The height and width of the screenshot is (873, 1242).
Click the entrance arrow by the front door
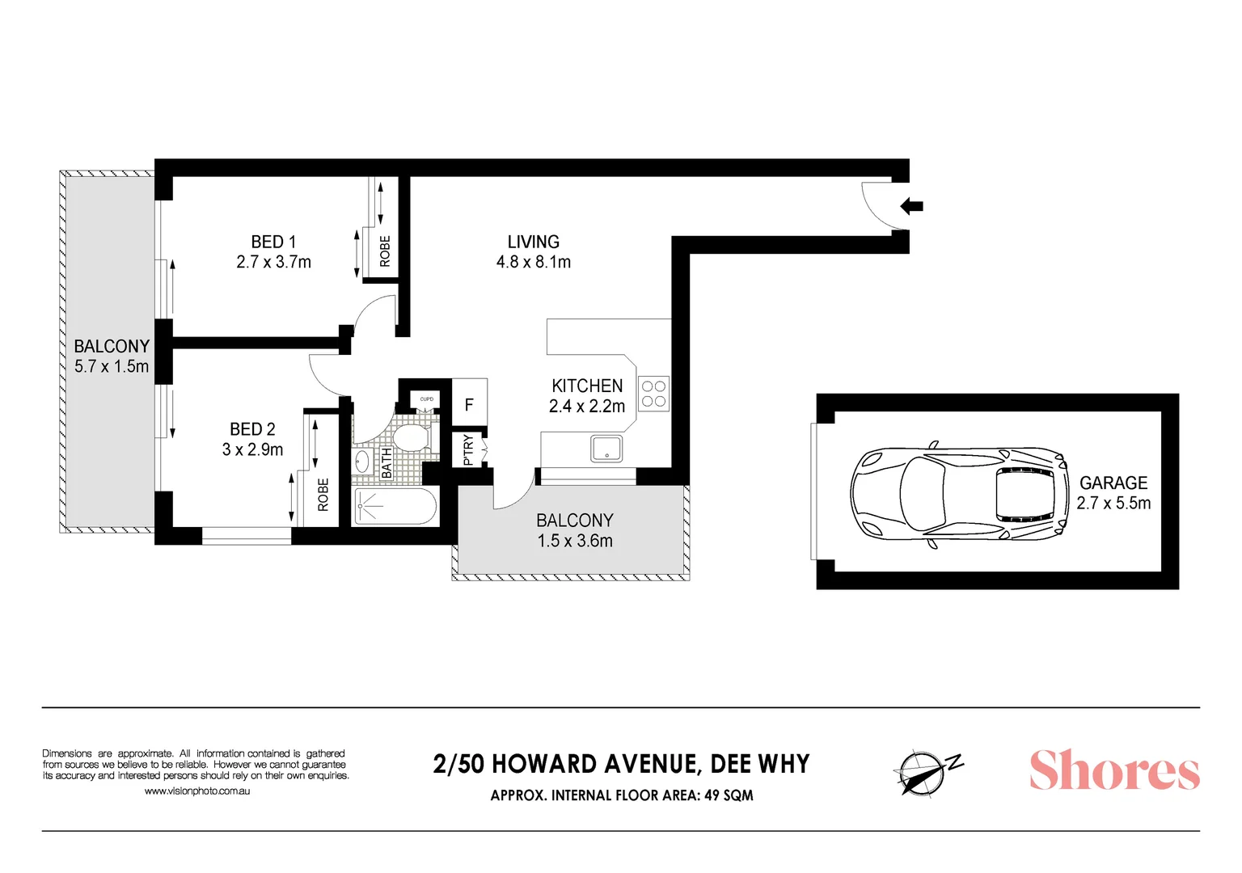(911, 206)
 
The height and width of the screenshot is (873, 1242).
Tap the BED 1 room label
(273, 242)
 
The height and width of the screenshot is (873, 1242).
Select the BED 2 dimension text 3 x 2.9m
(252, 449)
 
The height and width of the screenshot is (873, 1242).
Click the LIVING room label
(533, 242)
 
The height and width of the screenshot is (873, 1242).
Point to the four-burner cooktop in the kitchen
(653, 394)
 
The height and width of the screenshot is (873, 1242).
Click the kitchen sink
(606, 448)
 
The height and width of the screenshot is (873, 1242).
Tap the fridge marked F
(469, 404)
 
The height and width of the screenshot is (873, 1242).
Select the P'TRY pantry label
(468, 449)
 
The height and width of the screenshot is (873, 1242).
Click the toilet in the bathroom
(412, 437)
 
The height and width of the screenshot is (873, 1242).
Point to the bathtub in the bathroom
(395, 507)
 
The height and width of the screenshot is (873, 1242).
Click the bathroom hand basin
(361, 462)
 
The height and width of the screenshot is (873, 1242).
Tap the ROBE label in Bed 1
(385, 251)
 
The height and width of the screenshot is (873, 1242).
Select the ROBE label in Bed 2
(323, 494)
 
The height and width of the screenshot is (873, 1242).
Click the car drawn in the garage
(958, 493)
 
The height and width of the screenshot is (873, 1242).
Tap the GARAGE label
(1113, 483)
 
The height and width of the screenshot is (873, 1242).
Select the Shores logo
(1113, 770)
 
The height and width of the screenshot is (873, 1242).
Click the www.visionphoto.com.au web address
(197, 791)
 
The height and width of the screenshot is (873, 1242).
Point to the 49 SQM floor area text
(729, 795)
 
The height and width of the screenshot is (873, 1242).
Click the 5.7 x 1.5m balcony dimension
(112, 366)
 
